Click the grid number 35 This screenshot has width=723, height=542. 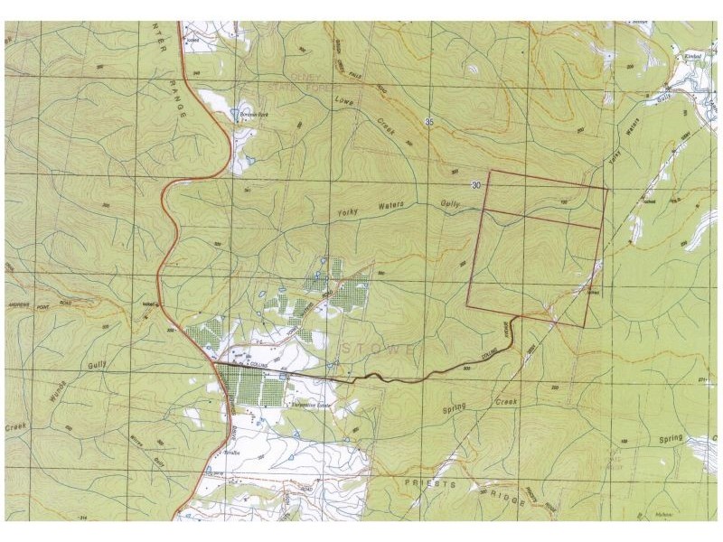(x=428, y=121)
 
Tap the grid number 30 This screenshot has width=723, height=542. (x=475, y=183)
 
